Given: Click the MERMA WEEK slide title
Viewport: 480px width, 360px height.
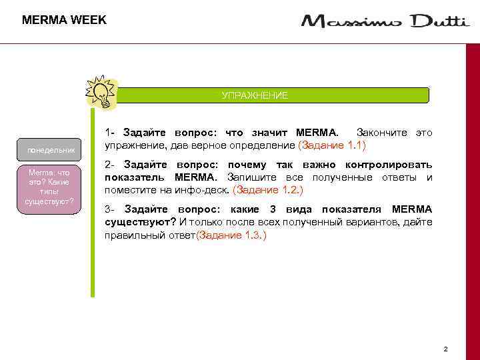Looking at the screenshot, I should point(64,20).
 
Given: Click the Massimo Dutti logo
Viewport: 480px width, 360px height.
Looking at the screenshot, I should point(385,21).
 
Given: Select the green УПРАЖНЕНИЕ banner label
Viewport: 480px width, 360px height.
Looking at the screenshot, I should point(255,95).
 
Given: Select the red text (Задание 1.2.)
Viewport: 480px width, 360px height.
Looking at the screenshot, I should point(267,189).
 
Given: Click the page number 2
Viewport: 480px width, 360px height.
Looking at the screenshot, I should point(445,349).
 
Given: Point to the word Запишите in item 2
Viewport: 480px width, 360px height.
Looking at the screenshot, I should point(251,177).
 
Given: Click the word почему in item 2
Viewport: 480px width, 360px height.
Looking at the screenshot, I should point(247,165).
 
